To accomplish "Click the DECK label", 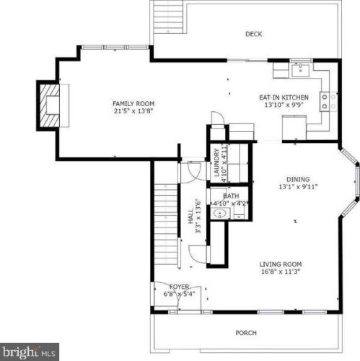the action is coord(253,34).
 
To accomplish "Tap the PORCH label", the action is coord(246,333).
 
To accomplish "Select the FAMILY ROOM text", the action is coord(133,104).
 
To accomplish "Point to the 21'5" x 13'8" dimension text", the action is coord(133,111).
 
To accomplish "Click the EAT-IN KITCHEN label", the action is coord(284,97).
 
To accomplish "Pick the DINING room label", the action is coord(298,179).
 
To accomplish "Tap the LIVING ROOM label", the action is coord(281,264).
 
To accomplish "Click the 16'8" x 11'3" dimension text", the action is coord(281,271).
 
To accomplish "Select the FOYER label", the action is coord(179,287).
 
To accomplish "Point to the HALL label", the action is coord(190,216).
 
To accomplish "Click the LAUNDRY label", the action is coord(216,162).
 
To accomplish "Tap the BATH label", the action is coord(231,196).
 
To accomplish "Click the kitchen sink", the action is coord(301,70).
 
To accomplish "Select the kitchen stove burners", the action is coord(328,102).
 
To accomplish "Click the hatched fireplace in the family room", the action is coord(49,105).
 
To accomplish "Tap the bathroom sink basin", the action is coord(219,214).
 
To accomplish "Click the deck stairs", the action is coord(168,19).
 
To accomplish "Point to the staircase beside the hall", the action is coord(165,225).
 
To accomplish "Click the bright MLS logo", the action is coord(30,352).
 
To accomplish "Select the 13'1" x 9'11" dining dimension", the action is coord(298,187).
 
